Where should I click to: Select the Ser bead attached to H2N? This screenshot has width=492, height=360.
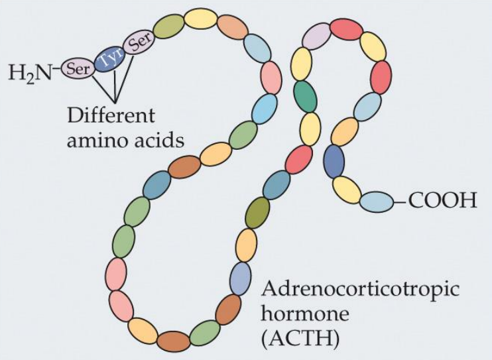point(78,68)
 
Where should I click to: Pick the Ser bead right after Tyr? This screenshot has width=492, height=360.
point(139,43)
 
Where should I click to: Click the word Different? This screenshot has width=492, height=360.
point(111,115)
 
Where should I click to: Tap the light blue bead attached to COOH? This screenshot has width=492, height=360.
point(377,202)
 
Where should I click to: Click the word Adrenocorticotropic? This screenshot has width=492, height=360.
point(360,290)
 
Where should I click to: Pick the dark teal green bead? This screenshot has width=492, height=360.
point(305,95)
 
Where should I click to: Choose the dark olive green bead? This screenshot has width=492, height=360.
point(257,212)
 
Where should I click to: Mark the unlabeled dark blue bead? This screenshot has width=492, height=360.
point(334,160)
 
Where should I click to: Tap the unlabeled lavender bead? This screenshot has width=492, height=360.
point(317,36)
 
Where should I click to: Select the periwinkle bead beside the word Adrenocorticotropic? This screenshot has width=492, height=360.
point(241,278)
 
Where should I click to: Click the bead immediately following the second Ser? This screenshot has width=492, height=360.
point(168,26)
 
